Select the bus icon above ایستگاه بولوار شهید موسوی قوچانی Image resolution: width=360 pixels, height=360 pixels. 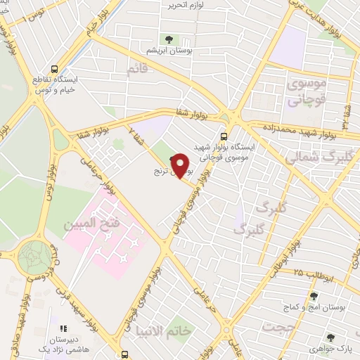(224, 136)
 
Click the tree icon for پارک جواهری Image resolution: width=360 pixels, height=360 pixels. (331, 338)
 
